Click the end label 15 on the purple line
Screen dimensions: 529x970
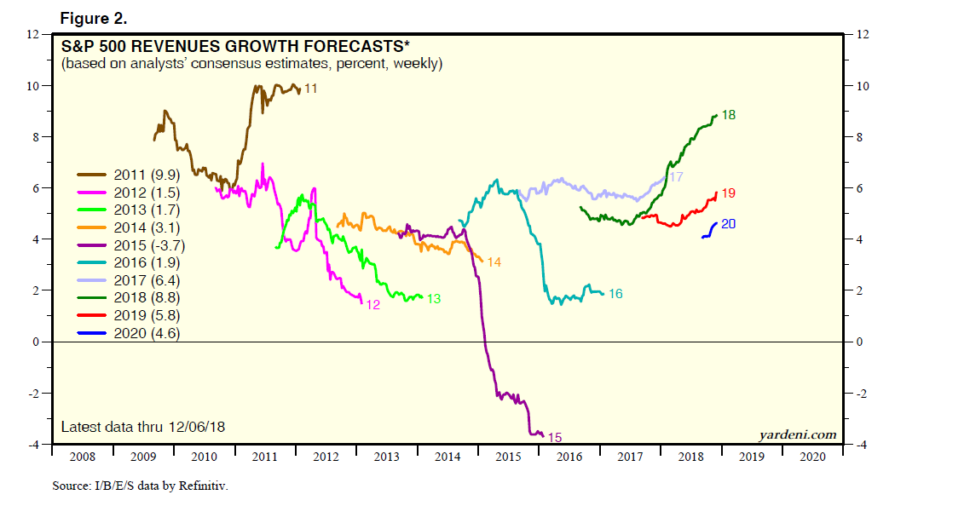click(x=554, y=438)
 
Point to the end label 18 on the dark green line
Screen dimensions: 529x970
click(x=729, y=114)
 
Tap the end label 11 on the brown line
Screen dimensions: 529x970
click(x=311, y=88)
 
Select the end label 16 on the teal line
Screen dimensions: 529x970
click(x=615, y=294)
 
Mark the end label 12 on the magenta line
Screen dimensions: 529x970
click(x=372, y=304)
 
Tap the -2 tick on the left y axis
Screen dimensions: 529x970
click(x=34, y=394)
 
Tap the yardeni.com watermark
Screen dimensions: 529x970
click(x=798, y=435)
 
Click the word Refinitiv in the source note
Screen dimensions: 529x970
click(x=206, y=486)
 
